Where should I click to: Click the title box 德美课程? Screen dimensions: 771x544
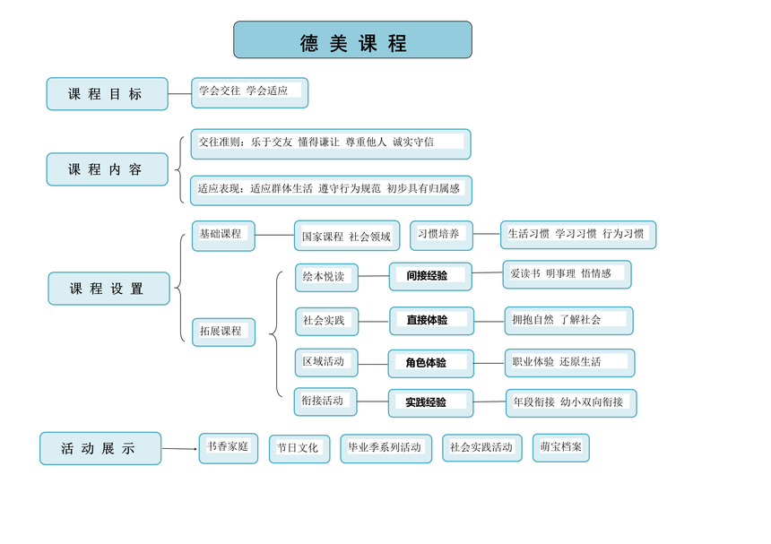coord(352,39)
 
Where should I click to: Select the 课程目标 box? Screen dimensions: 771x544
coord(108,94)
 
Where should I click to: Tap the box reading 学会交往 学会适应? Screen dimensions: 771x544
coord(250,93)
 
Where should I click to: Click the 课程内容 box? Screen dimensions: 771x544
coord(108,169)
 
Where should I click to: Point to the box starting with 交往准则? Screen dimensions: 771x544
coord(331,144)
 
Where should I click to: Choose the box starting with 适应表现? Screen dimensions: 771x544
coord(331,190)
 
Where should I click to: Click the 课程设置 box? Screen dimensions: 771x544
coord(108,289)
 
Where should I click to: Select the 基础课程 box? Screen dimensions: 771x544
coord(223,236)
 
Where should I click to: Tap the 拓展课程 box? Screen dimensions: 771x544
coord(224,332)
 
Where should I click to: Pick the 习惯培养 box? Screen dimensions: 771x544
coord(442,236)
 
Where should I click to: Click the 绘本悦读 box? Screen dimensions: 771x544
coord(326,278)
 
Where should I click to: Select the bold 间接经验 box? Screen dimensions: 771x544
coord(430,277)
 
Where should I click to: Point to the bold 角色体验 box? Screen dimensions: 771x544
coord(430,364)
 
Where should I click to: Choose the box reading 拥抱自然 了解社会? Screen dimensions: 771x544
coord(569,321)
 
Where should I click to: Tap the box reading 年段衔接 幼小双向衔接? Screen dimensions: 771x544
coord(571,403)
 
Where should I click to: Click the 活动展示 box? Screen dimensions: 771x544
coord(100,448)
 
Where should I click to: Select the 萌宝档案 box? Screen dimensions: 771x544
coord(561,448)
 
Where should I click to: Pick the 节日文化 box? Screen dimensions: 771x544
coord(299,449)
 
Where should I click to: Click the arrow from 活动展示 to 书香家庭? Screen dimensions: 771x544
coord(179,449)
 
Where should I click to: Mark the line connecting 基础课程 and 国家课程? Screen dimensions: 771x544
coord(275,235)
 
